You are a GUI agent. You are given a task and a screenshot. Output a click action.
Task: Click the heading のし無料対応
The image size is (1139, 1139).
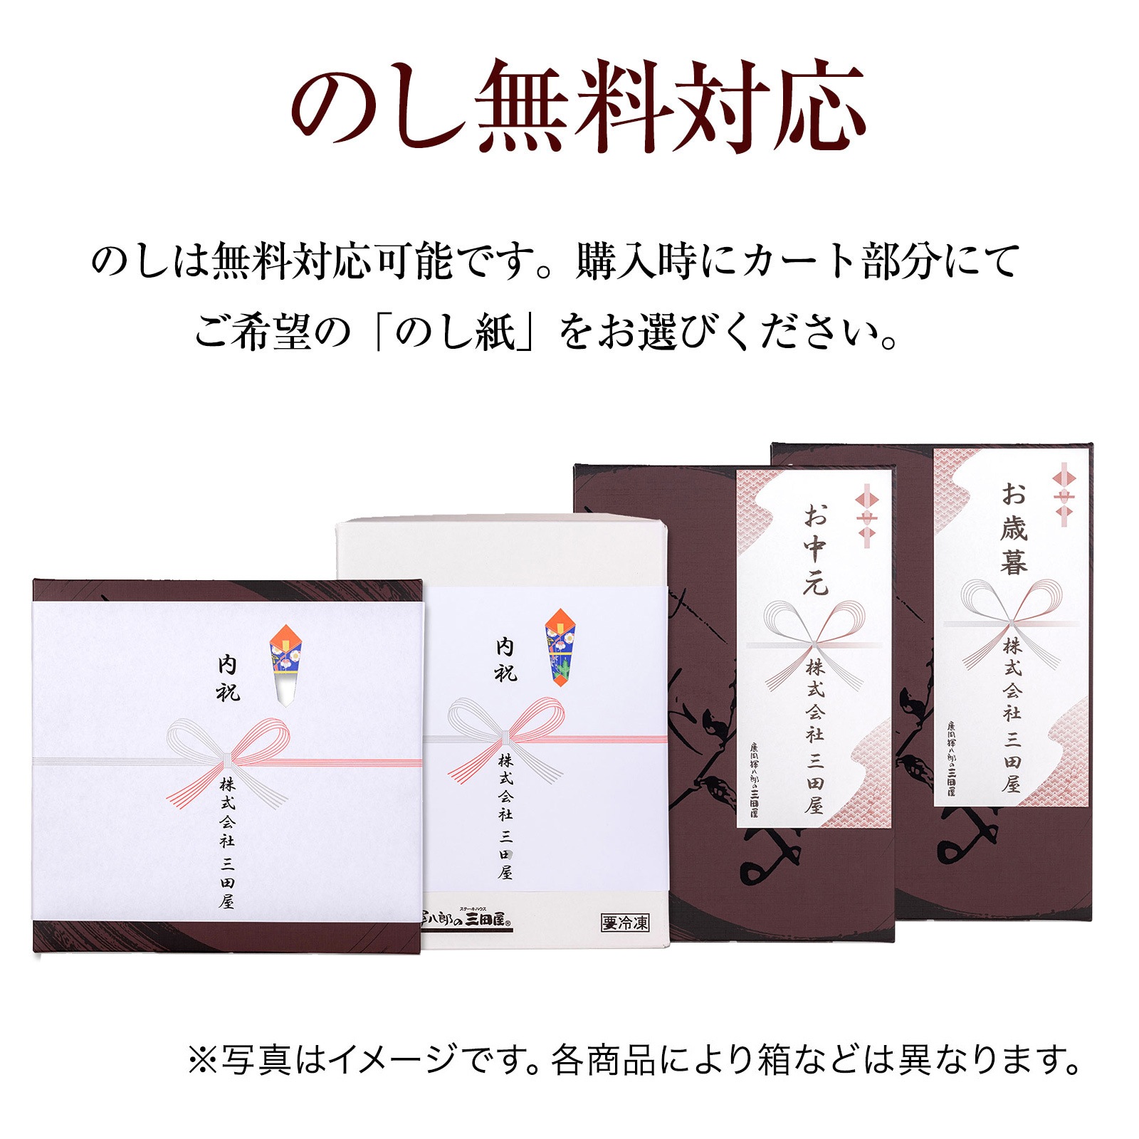tap(577, 107)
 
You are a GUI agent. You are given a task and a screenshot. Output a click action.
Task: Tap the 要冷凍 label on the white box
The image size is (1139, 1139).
tap(625, 923)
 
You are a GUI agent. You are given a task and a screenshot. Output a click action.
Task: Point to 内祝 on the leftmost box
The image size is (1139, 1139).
tap(228, 678)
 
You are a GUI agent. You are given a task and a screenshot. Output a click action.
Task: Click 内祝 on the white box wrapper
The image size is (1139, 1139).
tap(505, 659)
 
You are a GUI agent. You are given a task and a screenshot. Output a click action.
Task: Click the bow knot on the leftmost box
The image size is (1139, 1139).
tap(227, 756)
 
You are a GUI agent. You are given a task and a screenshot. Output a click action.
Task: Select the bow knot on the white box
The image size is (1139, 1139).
tap(505, 735)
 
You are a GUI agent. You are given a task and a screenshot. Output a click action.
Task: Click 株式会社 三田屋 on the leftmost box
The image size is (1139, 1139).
tap(227, 843)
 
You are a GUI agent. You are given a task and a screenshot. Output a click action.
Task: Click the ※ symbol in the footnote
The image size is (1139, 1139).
tap(202, 1060)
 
